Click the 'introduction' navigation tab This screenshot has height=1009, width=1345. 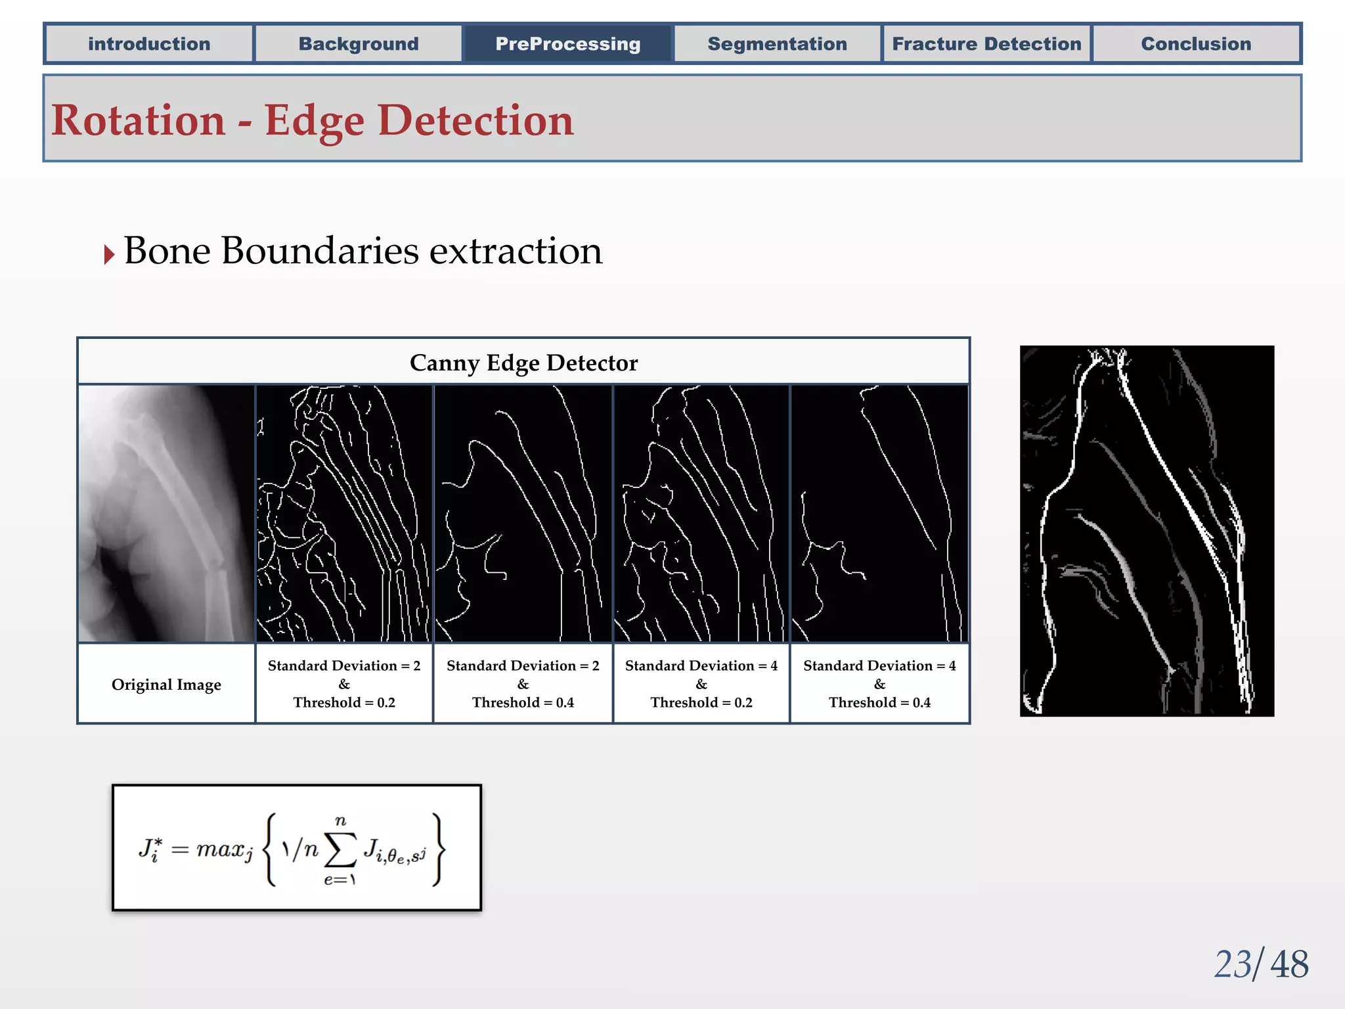click(x=149, y=44)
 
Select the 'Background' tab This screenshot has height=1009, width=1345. click(x=359, y=44)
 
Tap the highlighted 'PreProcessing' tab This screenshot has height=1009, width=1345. click(x=568, y=44)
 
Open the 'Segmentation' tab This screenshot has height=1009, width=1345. click(x=777, y=44)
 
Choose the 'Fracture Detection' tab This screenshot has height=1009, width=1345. click(x=986, y=44)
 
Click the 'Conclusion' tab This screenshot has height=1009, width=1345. click(x=1196, y=44)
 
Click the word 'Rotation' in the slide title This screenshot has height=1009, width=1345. click(x=139, y=121)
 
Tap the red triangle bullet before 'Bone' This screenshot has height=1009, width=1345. click(x=109, y=254)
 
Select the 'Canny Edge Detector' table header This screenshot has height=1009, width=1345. click(x=523, y=363)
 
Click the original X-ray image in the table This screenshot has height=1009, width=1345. click(x=166, y=513)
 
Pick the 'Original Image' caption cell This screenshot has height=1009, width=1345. click(x=166, y=684)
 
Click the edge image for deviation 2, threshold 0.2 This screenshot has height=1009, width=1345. click(x=344, y=513)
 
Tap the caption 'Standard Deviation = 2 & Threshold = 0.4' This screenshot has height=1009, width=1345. click(x=523, y=684)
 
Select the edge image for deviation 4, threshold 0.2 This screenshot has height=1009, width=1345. click(x=701, y=513)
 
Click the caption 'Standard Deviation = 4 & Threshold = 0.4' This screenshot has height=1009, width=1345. click(x=879, y=684)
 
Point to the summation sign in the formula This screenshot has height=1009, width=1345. click(x=341, y=850)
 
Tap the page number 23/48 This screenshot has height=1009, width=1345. click(x=1260, y=964)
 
